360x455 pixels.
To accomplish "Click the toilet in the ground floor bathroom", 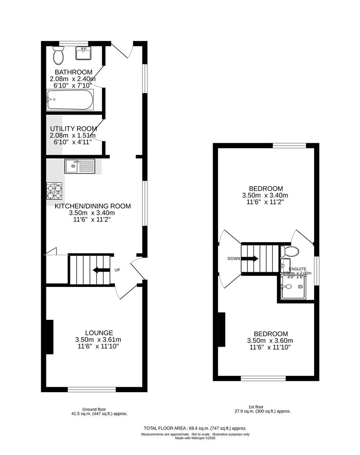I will click(x=58, y=55).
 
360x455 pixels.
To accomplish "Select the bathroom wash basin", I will click(x=83, y=54).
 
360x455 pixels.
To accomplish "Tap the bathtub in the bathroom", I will click(x=70, y=100).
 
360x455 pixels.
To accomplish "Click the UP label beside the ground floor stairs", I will click(x=117, y=270).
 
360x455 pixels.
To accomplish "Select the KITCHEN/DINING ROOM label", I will click(x=93, y=206).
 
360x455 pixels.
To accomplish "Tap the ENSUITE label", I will click(x=298, y=268).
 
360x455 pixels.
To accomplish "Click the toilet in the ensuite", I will click(x=290, y=252).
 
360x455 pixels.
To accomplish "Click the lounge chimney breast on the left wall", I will click(x=49, y=337).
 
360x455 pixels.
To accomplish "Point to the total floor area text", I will click(x=195, y=427).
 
